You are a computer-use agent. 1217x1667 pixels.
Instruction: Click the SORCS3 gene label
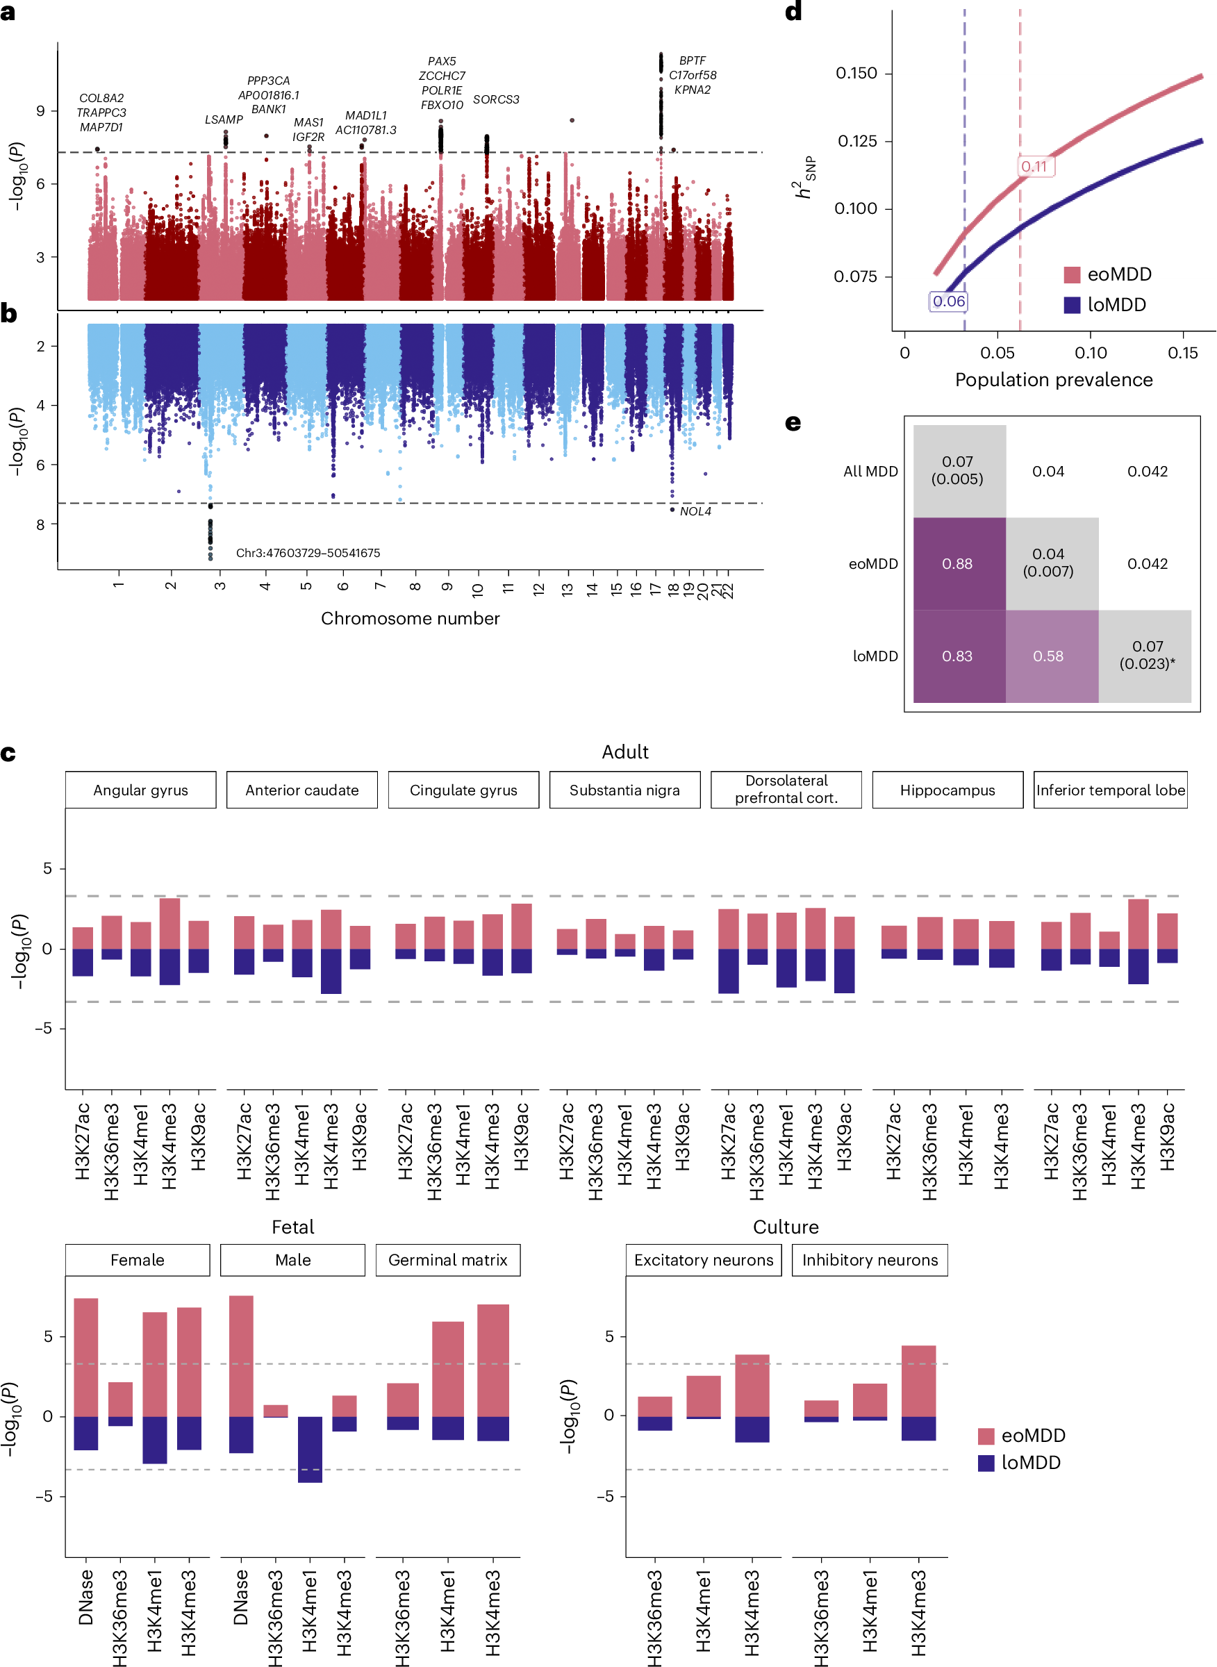(x=496, y=99)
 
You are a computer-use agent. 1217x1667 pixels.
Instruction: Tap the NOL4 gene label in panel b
(x=695, y=511)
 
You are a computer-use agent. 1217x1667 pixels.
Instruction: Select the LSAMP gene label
(x=223, y=119)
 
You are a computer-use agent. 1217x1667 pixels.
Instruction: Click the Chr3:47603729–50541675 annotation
(x=308, y=553)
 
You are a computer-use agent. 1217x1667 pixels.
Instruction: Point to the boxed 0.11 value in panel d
(x=1034, y=167)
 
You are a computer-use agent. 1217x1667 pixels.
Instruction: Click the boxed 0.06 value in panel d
(x=948, y=301)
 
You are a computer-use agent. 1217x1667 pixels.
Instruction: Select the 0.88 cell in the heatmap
(x=958, y=564)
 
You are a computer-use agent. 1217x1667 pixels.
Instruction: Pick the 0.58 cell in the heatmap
(x=1048, y=656)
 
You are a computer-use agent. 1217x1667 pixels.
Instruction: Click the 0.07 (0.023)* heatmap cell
(x=1147, y=655)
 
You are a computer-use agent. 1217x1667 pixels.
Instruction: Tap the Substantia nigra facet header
(x=624, y=790)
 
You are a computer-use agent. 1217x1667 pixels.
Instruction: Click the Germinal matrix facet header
(x=448, y=1261)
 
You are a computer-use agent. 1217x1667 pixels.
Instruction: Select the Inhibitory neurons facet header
(x=870, y=1261)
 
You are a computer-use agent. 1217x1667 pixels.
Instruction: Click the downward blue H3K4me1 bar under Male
(x=309, y=1450)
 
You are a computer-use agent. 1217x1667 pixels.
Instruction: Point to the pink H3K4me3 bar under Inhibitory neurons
(x=918, y=1382)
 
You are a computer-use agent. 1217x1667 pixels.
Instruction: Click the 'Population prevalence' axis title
(x=1054, y=380)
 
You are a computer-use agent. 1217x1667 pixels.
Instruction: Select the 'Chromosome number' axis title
(x=411, y=619)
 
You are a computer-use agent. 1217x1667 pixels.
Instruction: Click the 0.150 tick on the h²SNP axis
(x=856, y=74)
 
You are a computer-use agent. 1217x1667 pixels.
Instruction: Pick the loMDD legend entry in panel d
(x=1105, y=305)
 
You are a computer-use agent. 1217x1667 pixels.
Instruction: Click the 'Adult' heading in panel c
(x=624, y=752)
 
